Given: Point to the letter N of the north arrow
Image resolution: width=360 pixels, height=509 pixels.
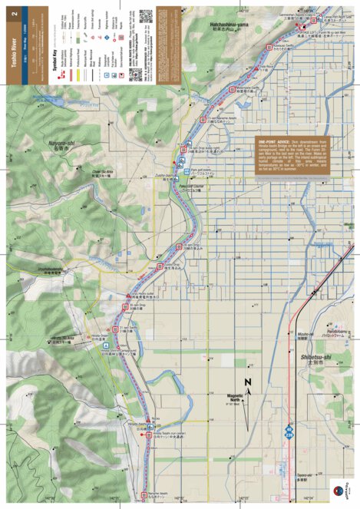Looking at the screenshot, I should tap(247, 382).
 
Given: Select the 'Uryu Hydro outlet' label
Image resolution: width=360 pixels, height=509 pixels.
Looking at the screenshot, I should tap(144, 293).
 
